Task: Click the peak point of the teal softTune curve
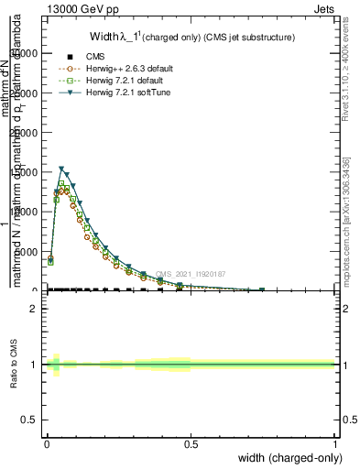coord(61,169)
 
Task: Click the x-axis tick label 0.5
coord(191,443)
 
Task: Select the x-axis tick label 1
coord(335,443)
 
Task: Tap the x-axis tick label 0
coord(47,443)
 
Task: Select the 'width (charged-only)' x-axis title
coord(287,458)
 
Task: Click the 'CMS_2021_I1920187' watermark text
coord(191,274)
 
